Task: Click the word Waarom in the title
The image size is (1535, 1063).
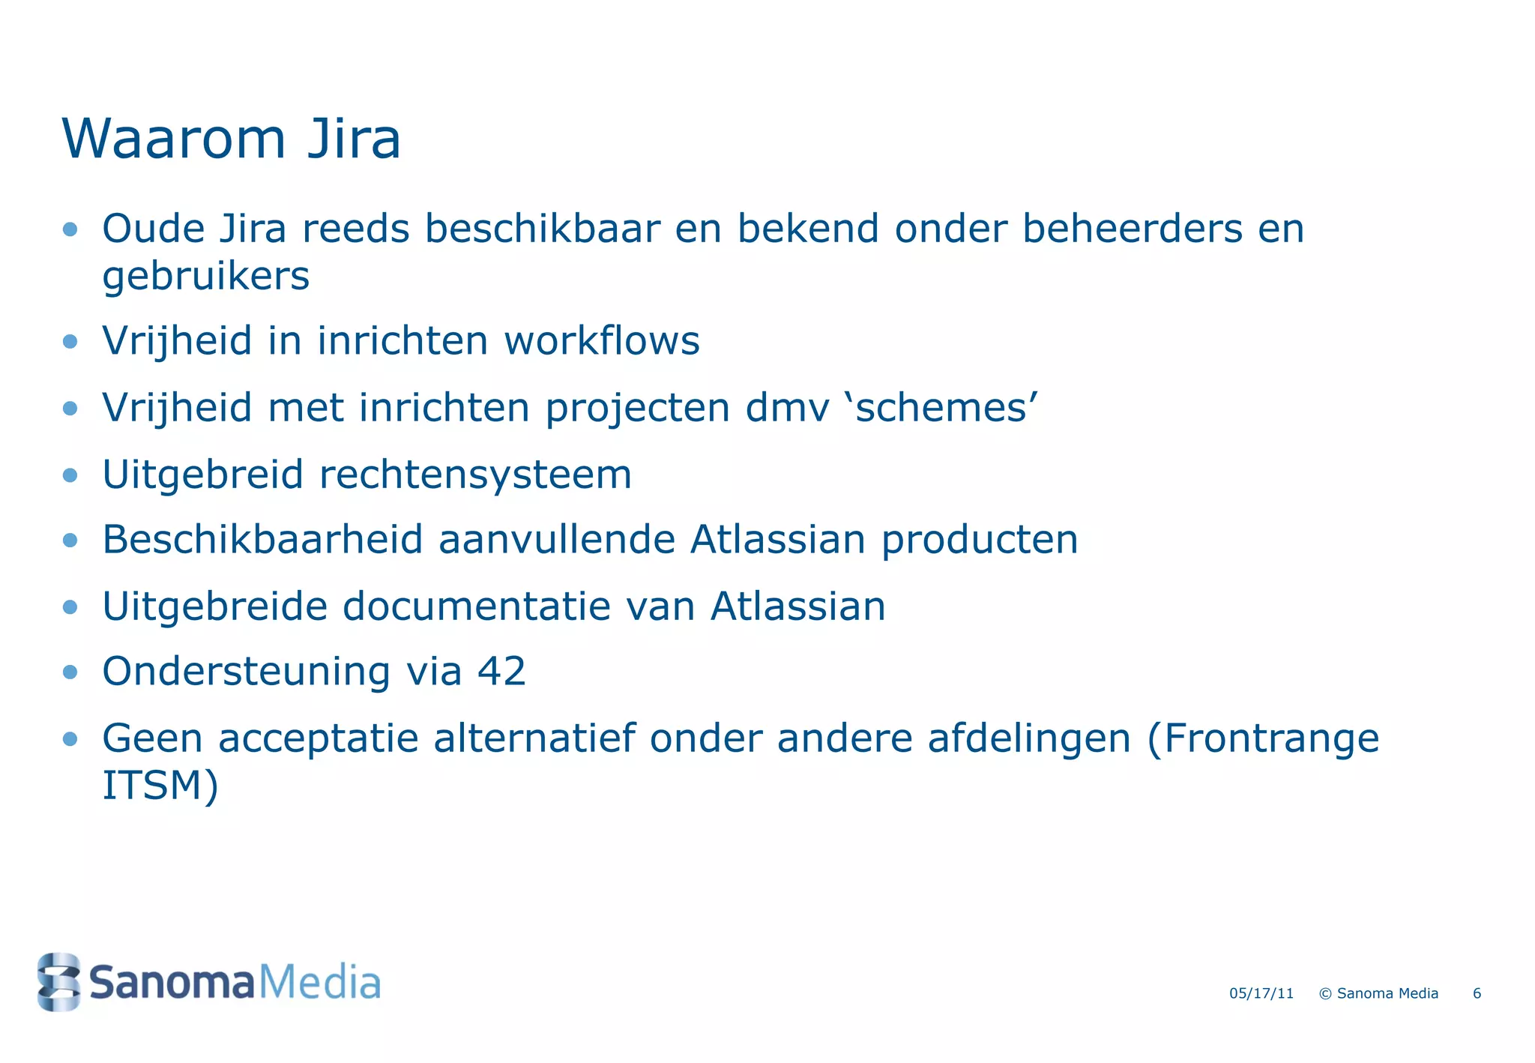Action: (x=174, y=139)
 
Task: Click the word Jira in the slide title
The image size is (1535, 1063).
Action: (x=354, y=139)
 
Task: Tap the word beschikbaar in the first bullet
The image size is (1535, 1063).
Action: (x=543, y=229)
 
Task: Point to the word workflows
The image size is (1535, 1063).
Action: (x=602, y=341)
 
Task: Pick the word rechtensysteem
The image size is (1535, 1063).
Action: (x=475, y=475)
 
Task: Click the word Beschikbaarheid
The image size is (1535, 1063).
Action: (x=263, y=540)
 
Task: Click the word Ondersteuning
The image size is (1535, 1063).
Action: (x=246, y=672)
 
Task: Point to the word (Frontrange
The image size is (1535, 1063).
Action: (x=1263, y=739)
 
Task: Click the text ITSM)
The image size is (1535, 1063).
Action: (x=160, y=786)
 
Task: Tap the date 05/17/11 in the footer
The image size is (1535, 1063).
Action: (x=1261, y=994)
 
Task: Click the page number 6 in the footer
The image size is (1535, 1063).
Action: (x=1477, y=994)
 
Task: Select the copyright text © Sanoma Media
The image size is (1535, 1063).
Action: (x=1378, y=994)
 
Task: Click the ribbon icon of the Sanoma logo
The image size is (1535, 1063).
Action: (x=58, y=982)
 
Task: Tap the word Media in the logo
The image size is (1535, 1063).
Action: (x=319, y=983)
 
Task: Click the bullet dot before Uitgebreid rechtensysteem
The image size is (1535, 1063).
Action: (x=70, y=475)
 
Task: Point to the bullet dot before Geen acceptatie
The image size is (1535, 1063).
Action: (x=70, y=740)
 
